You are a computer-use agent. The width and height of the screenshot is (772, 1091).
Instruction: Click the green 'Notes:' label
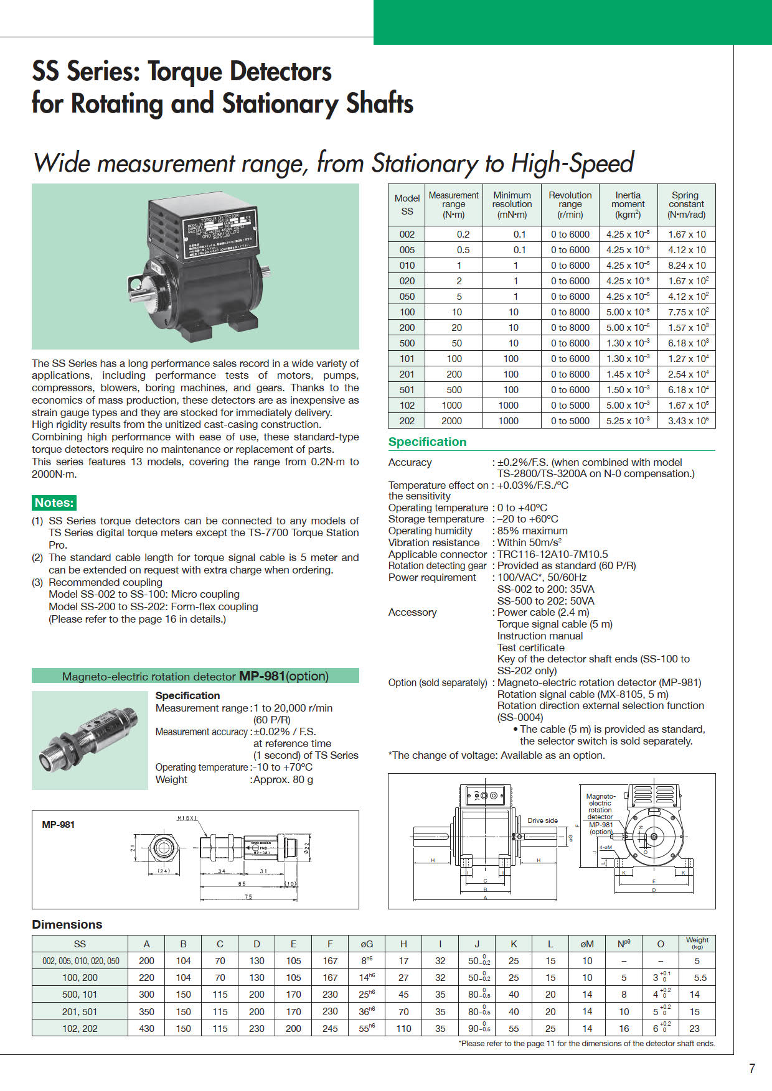pyautogui.click(x=54, y=503)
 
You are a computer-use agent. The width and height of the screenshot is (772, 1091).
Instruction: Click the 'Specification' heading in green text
pyautogui.click(x=427, y=442)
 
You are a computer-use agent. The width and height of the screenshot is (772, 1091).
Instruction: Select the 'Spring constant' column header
pyautogui.click(x=686, y=204)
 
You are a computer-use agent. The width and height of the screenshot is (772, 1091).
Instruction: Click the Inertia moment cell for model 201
pyautogui.click(x=628, y=374)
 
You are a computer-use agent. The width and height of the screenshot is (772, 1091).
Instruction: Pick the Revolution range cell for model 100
pyautogui.click(x=570, y=312)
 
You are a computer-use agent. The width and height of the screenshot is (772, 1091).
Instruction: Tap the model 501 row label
pyautogui.click(x=407, y=389)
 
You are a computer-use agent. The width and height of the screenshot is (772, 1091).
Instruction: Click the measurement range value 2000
pyautogui.click(x=452, y=420)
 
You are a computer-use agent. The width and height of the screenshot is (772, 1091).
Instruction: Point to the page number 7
pyautogui.click(x=751, y=1069)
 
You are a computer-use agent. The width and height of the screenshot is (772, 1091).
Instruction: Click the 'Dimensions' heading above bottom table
pyautogui.click(x=67, y=924)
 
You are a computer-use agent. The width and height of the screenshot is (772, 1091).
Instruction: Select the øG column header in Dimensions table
pyautogui.click(x=367, y=944)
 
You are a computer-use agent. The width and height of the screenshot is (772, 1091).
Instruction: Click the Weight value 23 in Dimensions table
pyautogui.click(x=694, y=1028)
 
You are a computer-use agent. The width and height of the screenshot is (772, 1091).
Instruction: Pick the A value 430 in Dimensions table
pyautogui.click(x=146, y=1028)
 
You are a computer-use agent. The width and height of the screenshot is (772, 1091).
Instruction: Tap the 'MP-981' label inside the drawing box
pyautogui.click(x=58, y=825)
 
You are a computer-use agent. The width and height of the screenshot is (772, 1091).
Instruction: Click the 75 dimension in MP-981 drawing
pyautogui.click(x=248, y=897)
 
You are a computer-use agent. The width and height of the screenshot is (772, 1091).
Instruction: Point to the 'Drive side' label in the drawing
pyautogui.click(x=542, y=820)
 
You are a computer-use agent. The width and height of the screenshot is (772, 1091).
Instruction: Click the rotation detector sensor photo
pyautogui.click(x=89, y=740)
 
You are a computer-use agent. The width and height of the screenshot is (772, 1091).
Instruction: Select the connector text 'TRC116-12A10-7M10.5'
pyautogui.click(x=552, y=554)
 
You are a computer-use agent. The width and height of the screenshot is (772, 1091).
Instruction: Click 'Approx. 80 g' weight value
pyautogui.click(x=283, y=779)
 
